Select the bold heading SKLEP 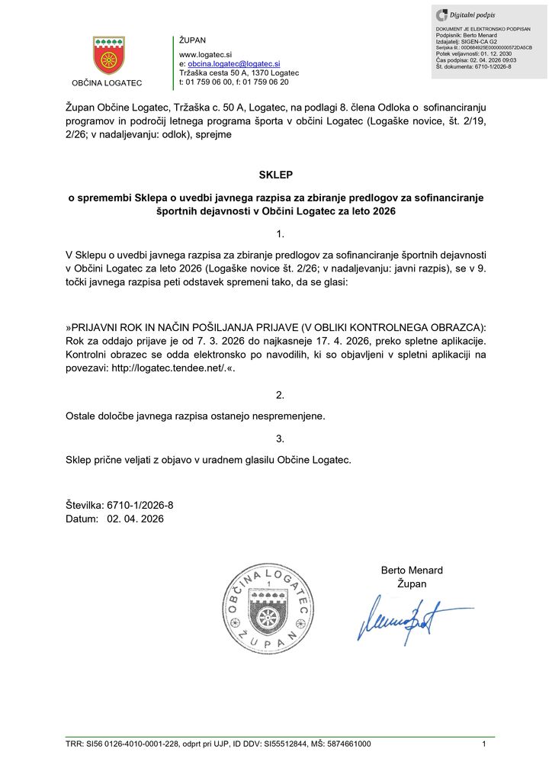(275, 175)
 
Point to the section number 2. (280, 395)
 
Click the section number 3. (280, 439)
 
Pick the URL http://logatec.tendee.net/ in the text (177, 367)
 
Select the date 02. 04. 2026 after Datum (135, 519)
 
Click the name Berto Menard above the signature (412, 570)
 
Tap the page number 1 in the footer (483, 744)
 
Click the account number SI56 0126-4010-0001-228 (133, 744)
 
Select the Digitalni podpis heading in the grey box (473, 14)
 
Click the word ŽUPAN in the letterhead (192, 40)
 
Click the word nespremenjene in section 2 (289, 416)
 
